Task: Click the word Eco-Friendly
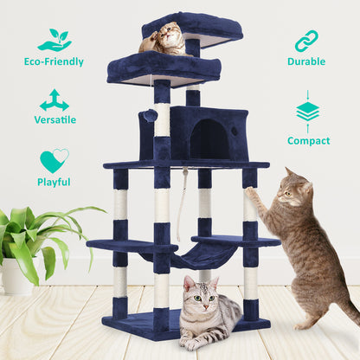pyautogui.click(x=54, y=62)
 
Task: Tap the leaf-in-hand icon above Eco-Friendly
pyautogui.click(x=54, y=40)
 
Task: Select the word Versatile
pyautogui.click(x=55, y=119)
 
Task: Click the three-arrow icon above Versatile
pyautogui.click(x=54, y=99)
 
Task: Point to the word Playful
pyautogui.click(x=54, y=182)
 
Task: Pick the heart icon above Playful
pyautogui.click(x=54, y=161)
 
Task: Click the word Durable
pyautogui.click(x=306, y=62)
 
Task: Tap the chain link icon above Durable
pyautogui.click(x=306, y=41)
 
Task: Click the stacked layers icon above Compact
pyautogui.click(x=307, y=111)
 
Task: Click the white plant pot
pyautogui.click(x=17, y=278)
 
